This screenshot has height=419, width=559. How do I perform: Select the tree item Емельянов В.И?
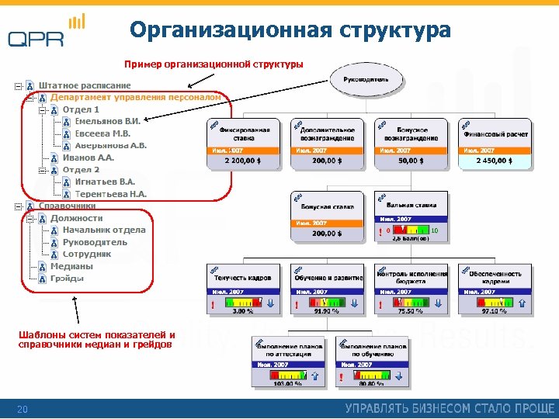pyautogui.click(x=107, y=121)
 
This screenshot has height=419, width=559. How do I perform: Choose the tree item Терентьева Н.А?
pyautogui.click(x=110, y=194)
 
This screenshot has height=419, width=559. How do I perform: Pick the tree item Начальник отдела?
pyautogui.click(x=104, y=230)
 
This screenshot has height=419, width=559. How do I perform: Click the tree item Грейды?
pyautogui.click(x=67, y=279)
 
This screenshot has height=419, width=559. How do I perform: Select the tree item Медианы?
pyautogui.click(x=71, y=266)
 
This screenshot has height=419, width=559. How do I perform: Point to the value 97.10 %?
pyautogui.click(x=495, y=310)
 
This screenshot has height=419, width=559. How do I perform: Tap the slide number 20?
pyautogui.click(x=23, y=409)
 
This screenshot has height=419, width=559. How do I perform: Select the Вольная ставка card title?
pyautogui.click(x=413, y=206)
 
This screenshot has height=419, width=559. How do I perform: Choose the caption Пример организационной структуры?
pyautogui.click(x=214, y=64)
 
